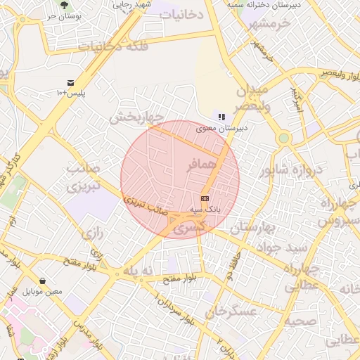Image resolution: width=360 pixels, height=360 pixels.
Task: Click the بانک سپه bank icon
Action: [205, 198]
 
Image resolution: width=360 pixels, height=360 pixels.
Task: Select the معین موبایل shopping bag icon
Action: [43, 281]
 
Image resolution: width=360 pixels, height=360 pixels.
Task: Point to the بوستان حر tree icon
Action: [65, 4]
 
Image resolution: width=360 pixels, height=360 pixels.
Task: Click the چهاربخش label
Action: [136, 117]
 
